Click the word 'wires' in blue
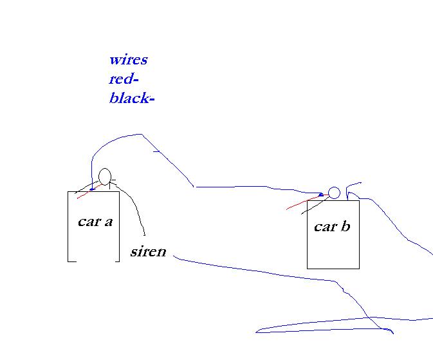click(128, 60)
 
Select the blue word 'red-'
click(124, 79)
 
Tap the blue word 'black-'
click(132, 99)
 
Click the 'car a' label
click(95, 222)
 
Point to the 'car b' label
click(332, 226)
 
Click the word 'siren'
click(148, 251)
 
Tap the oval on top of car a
click(105, 176)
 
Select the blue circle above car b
click(334, 193)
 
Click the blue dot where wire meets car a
click(92, 189)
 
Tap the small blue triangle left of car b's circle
click(320, 194)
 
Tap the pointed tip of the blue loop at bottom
click(256, 332)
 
